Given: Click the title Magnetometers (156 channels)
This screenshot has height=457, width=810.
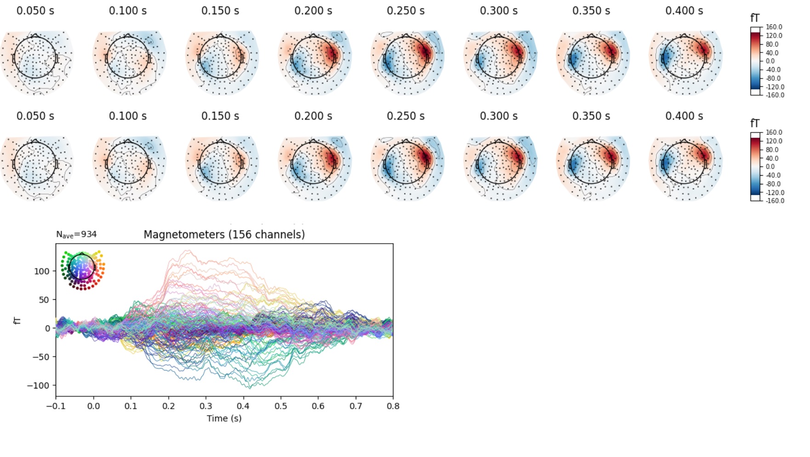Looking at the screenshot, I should coord(224,234).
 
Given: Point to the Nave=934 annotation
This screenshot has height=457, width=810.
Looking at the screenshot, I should coord(76,234).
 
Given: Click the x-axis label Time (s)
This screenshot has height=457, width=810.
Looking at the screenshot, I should coord(224,418).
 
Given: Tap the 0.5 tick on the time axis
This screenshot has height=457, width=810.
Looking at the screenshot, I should coord(280,406).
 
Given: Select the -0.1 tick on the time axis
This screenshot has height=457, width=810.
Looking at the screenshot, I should coord(56,406).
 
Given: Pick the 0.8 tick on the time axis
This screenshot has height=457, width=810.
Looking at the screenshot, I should coord(393,406).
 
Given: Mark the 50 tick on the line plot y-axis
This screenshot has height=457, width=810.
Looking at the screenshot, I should coord(44,300).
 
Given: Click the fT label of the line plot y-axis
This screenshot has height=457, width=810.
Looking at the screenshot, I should coord(17,320).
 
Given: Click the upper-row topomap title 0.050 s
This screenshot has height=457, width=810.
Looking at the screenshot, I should coord(35,11).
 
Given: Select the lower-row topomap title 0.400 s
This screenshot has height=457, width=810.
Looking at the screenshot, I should coord(684,116).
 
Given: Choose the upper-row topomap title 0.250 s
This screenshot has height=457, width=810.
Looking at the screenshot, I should coord(405,11).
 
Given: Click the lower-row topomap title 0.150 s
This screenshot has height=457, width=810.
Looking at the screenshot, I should coord(220,116).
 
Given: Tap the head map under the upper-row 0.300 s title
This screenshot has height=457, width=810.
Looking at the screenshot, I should coord(499,57).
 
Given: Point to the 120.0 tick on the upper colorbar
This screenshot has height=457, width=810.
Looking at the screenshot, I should coord(774,35).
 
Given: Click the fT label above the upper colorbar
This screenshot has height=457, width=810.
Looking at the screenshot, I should coord(755,18).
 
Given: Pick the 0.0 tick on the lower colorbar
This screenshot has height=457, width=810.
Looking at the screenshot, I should coord(770,166).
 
